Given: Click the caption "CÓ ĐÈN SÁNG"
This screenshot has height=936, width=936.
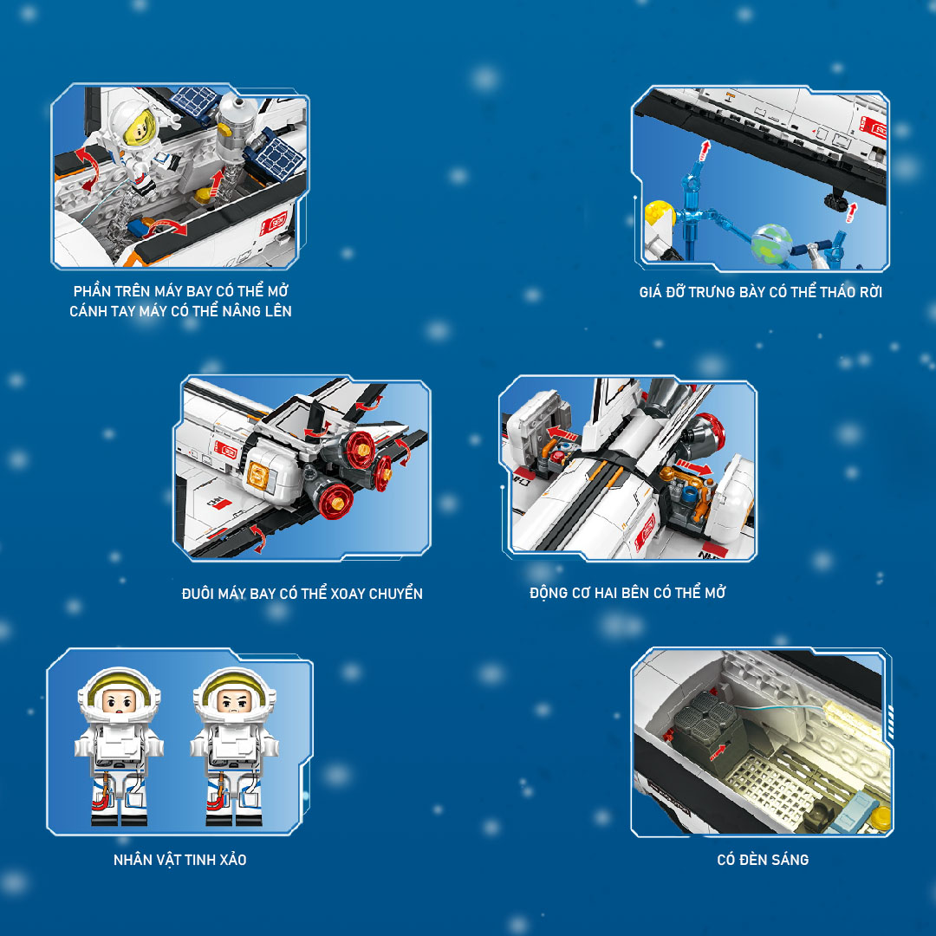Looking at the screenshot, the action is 763,860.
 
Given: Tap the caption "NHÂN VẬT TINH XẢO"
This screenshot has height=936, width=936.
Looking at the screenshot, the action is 179,860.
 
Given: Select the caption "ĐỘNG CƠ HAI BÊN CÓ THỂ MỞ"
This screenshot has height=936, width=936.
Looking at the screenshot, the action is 627,592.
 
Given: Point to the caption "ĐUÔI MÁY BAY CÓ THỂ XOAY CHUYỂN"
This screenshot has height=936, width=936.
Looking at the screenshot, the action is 302,594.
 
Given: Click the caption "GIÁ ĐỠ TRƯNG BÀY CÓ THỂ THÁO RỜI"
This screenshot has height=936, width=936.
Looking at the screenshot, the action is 761,291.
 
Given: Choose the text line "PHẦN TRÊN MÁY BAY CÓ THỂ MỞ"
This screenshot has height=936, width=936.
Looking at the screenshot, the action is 181,290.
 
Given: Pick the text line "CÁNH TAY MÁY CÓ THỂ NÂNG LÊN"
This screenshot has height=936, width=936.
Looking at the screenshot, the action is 180,311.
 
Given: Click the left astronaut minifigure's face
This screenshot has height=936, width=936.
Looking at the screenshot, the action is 119,701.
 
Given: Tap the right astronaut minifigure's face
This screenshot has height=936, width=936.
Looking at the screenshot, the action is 234,701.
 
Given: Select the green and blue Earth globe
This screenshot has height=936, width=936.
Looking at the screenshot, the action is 770,244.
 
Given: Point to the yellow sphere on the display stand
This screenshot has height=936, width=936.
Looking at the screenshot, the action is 659,213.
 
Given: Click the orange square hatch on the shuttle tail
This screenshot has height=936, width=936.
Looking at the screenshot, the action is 258,476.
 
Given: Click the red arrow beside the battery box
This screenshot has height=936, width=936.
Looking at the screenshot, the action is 718,752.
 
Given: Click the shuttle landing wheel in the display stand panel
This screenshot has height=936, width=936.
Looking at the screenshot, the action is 837,201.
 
